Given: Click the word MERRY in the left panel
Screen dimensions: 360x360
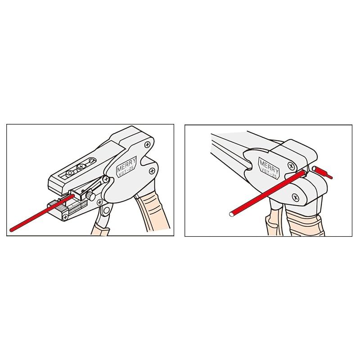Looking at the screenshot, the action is [x=126, y=164].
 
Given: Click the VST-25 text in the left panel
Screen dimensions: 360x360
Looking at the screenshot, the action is [x=126, y=171].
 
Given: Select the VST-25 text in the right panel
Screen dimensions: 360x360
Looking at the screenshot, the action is [x=269, y=173].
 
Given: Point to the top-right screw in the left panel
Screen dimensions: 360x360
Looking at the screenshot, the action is [x=147, y=144].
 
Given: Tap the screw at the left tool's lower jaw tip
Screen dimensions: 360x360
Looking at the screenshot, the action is [x=66, y=216].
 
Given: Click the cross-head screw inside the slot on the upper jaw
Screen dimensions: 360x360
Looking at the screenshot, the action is [x=81, y=166].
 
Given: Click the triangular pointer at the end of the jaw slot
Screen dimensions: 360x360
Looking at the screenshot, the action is [x=92, y=161].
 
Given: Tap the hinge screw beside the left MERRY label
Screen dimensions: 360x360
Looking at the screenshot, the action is [x=106, y=179].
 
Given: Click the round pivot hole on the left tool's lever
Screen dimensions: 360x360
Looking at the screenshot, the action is [x=106, y=210].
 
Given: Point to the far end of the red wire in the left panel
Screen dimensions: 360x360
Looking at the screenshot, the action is [x=11, y=229].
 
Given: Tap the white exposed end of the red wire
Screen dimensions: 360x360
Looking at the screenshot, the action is [x=231, y=215].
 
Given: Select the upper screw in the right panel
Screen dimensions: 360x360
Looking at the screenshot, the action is [x=291, y=166].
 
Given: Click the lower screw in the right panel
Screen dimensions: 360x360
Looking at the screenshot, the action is [x=296, y=197].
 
